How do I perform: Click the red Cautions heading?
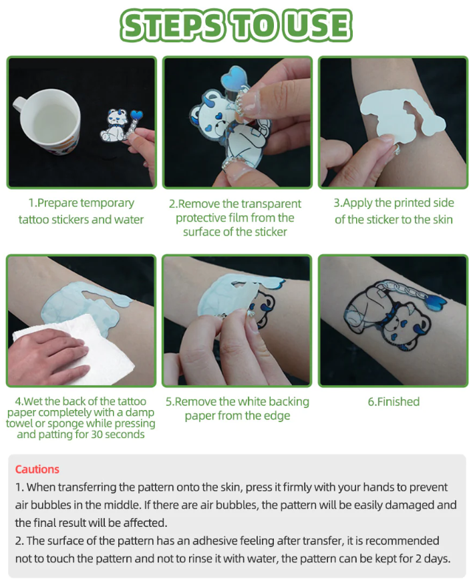[x=37, y=469]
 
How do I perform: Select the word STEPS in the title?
[x=173, y=25]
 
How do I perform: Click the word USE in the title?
[x=318, y=25]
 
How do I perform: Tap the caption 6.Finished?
[x=393, y=401]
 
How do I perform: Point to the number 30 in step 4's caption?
[x=97, y=434]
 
